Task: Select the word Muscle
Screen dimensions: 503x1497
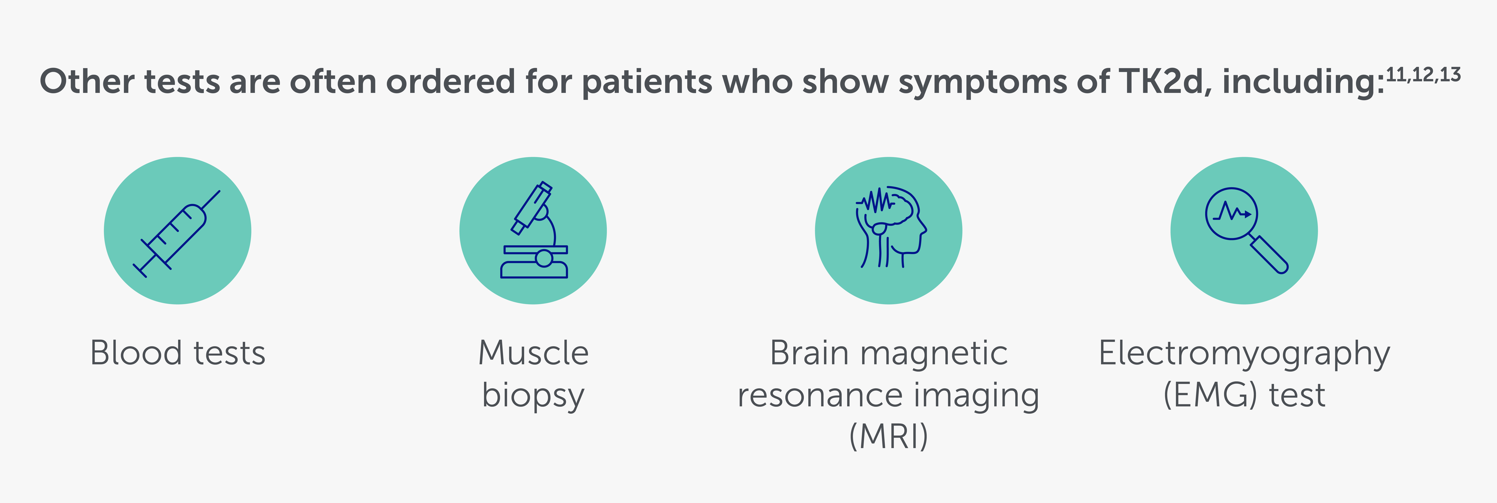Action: (x=533, y=353)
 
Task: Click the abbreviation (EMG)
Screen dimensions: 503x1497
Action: (x=1212, y=395)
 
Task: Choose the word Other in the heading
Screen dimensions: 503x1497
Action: (x=87, y=81)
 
